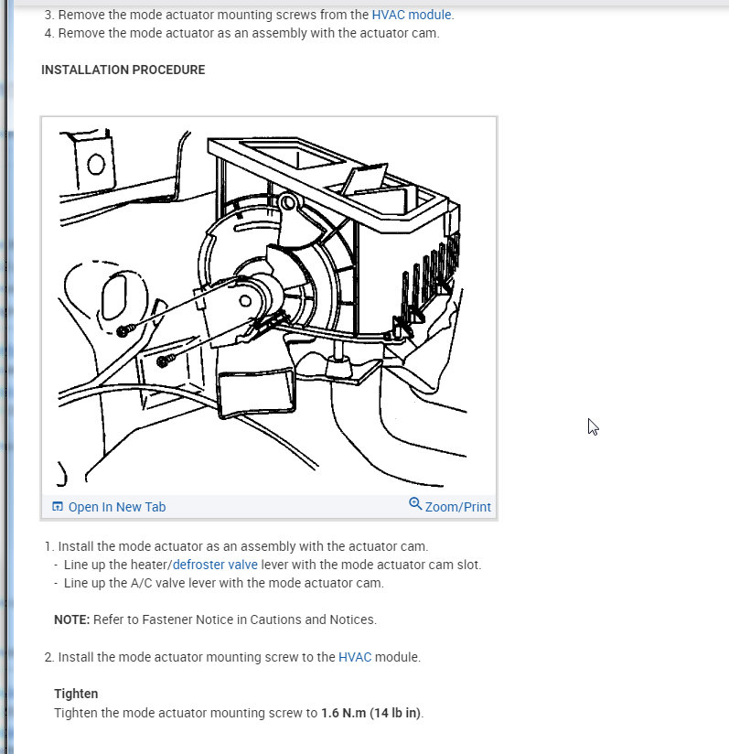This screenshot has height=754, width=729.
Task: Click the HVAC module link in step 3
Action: point(411,15)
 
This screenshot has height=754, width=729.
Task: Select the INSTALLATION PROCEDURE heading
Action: point(123,70)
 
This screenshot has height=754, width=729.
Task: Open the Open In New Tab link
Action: point(116,507)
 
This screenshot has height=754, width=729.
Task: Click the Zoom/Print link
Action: point(457,507)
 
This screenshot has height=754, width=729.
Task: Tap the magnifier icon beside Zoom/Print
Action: point(415,505)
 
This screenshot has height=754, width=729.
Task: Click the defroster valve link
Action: point(215,565)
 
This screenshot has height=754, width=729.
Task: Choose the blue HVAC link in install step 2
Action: point(355,657)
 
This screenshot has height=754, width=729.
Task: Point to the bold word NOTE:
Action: point(71,619)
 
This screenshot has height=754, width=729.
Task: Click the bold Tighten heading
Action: point(76,695)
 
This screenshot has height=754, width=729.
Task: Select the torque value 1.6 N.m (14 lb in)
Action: point(371,713)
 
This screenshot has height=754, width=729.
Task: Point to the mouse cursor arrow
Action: point(592,426)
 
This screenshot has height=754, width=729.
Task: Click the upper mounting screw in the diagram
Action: point(126,329)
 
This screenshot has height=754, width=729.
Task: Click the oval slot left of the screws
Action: point(114,300)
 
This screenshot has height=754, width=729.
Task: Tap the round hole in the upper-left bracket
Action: point(96,164)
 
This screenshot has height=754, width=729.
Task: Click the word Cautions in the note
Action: point(274,619)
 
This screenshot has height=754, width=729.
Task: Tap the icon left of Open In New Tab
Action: point(58,507)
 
